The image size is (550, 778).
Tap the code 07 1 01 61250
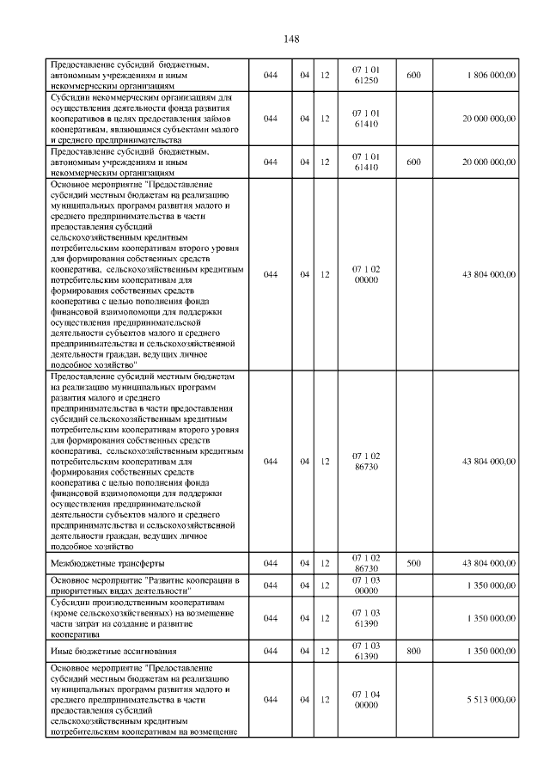365,76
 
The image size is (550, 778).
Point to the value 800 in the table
412,651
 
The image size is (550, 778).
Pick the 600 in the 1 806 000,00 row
412,76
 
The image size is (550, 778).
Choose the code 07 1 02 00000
365,274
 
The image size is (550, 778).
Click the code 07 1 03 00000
365,585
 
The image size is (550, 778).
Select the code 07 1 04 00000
365,700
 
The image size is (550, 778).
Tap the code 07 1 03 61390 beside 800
365,651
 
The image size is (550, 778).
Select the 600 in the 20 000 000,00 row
412,162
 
